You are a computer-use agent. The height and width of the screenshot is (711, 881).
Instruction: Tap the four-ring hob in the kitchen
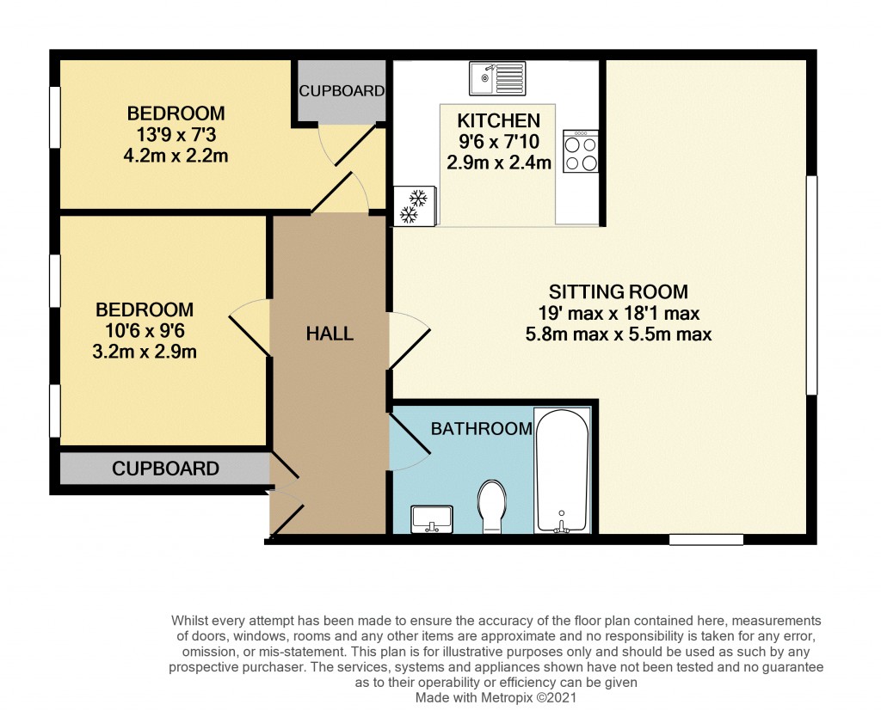point(581,152)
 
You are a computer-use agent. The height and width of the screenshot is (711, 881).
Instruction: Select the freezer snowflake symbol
point(416,206)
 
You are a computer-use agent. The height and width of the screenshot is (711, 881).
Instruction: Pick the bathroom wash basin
point(432,520)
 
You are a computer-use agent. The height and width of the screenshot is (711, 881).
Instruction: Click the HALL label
point(330,334)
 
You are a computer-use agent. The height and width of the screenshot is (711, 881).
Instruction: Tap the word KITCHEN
point(498,121)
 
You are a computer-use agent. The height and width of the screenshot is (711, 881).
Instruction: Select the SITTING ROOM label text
point(619,292)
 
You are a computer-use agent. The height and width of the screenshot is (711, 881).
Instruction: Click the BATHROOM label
point(481,428)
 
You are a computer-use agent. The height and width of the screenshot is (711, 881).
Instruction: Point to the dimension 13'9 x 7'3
point(176,135)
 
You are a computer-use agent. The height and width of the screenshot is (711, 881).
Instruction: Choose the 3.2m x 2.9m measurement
point(145,351)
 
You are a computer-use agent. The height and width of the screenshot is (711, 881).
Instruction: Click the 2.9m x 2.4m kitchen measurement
point(498,162)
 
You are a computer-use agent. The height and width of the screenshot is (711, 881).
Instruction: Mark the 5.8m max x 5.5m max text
point(619,334)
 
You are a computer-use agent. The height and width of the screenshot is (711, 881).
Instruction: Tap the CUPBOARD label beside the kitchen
point(342,91)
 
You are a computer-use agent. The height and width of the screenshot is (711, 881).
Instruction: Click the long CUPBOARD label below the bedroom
point(165,469)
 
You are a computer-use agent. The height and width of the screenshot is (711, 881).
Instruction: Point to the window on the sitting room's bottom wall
point(706,540)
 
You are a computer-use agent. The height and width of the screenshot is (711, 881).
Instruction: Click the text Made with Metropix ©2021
point(496,698)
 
